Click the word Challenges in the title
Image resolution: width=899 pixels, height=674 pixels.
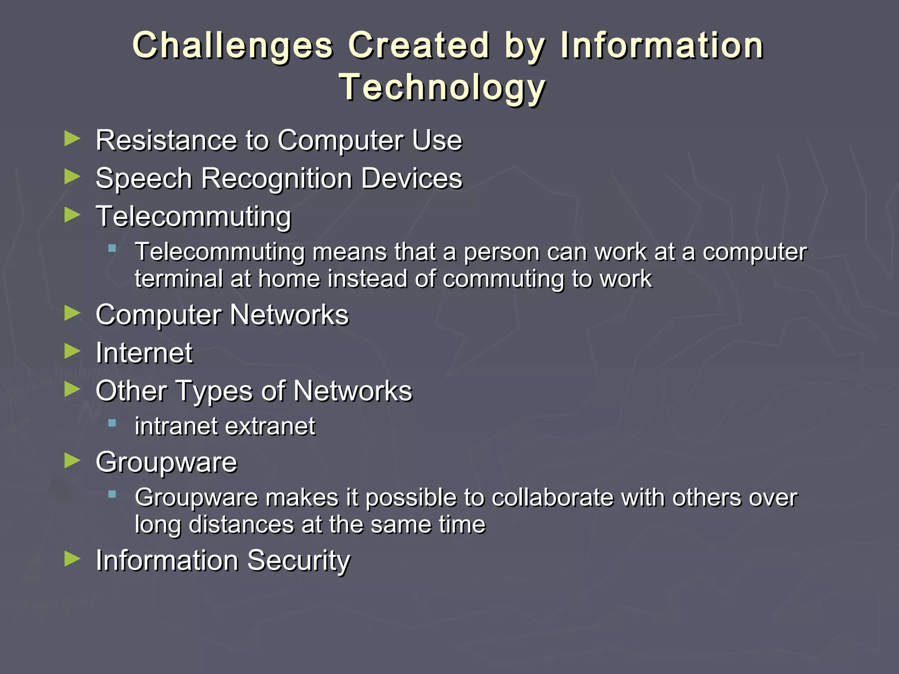(233, 46)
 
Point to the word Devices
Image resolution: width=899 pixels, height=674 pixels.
(412, 179)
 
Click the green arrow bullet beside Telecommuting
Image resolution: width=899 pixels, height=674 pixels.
(72, 215)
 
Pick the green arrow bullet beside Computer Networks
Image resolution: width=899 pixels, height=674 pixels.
(72, 313)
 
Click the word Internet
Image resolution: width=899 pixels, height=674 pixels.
(144, 353)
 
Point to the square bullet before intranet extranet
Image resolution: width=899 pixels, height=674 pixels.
(112, 423)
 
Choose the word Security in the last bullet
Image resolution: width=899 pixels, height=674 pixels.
(298, 561)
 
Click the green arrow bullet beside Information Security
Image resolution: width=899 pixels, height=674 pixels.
(72, 559)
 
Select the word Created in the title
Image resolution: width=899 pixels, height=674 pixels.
(419, 46)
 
